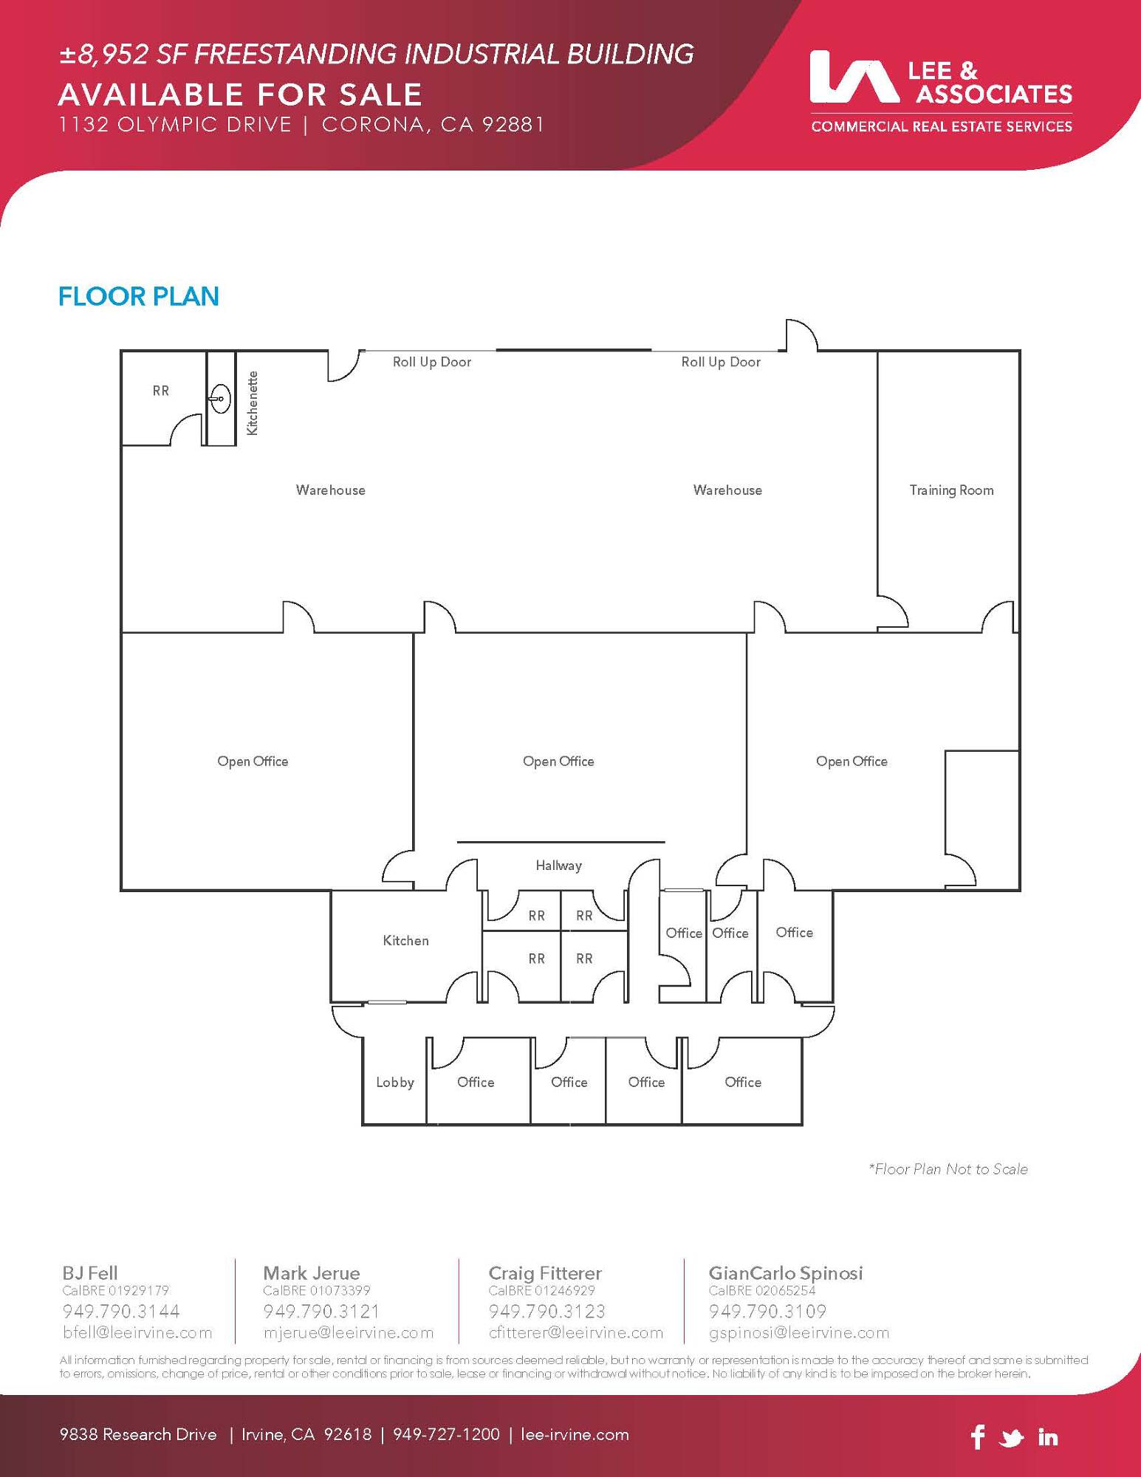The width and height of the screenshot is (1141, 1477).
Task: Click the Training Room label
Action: point(951,490)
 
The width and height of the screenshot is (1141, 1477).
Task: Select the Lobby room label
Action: point(395,1083)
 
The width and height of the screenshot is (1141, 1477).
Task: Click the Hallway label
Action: point(558,866)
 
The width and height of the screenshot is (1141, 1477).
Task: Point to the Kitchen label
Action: point(405,940)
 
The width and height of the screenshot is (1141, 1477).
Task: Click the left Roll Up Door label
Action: point(432,362)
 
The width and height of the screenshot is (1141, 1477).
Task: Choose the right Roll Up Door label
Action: point(721,362)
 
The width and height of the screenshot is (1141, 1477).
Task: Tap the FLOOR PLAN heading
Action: point(139,296)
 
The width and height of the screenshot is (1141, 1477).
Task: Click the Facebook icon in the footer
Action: point(978,1436)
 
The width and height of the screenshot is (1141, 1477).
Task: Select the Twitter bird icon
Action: point(1012,1438)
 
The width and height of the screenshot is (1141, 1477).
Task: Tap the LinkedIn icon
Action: point(1048,1436)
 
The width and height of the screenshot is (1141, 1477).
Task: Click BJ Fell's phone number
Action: point(121,1312)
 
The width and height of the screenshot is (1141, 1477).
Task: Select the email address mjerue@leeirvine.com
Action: point(349,1333)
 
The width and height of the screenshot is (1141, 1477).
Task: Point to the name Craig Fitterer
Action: point(545,1273)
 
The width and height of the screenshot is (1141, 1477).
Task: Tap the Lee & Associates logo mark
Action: point(854,76)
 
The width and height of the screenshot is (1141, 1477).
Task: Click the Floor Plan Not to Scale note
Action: point(948,1169)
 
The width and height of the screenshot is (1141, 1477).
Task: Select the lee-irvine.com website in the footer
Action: point(575,1435)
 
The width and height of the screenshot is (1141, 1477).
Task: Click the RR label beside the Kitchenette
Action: point(161,391)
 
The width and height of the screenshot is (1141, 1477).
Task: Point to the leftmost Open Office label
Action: point(253,761)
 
